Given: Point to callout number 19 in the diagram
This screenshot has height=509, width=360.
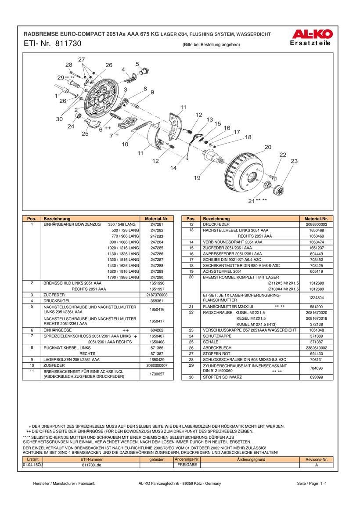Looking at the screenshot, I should pos(197,178).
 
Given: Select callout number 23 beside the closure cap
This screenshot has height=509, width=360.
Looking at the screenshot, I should pos(294,161).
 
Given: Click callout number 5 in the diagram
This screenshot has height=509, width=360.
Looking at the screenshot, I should pos(137,64).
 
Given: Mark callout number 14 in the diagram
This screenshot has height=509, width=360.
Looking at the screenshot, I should pos(173,168).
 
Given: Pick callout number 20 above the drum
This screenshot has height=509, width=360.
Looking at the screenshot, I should pos(268,147).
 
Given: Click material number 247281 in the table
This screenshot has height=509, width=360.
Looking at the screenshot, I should pos(157,224).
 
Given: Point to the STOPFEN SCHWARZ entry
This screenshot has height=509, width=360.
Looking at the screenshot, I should pos(222,377).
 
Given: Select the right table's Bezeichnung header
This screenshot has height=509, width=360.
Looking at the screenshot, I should pos(216,218).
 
